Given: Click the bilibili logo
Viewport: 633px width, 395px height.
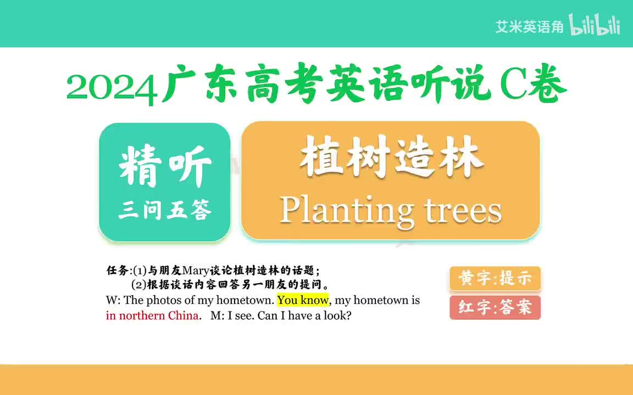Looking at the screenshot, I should (595, 26).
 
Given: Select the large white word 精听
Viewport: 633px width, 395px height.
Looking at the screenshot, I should (165, 165).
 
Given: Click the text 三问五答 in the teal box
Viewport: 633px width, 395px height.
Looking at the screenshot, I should (165, 210).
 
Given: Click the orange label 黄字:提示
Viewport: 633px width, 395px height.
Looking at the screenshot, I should (495, 279).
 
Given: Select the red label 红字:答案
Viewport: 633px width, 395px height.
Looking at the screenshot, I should (495, 307).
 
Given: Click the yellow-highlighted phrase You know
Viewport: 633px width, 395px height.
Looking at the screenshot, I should (303, 300).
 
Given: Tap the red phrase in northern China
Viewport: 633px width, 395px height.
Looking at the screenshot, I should (152, 316).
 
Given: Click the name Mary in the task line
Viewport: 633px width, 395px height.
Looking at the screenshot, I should (196, 270).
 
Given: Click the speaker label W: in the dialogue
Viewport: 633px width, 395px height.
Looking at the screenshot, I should (113, 300).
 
